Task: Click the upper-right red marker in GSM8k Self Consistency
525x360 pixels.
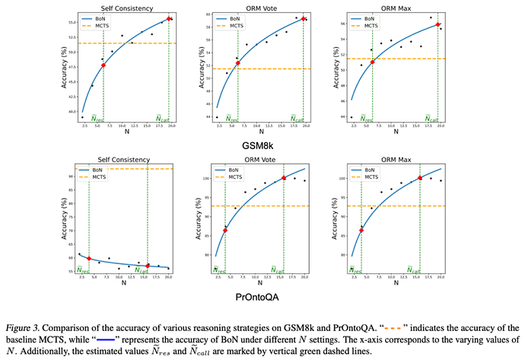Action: [x=168, y=18]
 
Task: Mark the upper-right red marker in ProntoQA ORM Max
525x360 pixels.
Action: [x=418, y=178]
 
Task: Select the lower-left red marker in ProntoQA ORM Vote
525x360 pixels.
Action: [x=225, y=230]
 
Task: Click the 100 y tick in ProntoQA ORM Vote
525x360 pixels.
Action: [x=203, y=179]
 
